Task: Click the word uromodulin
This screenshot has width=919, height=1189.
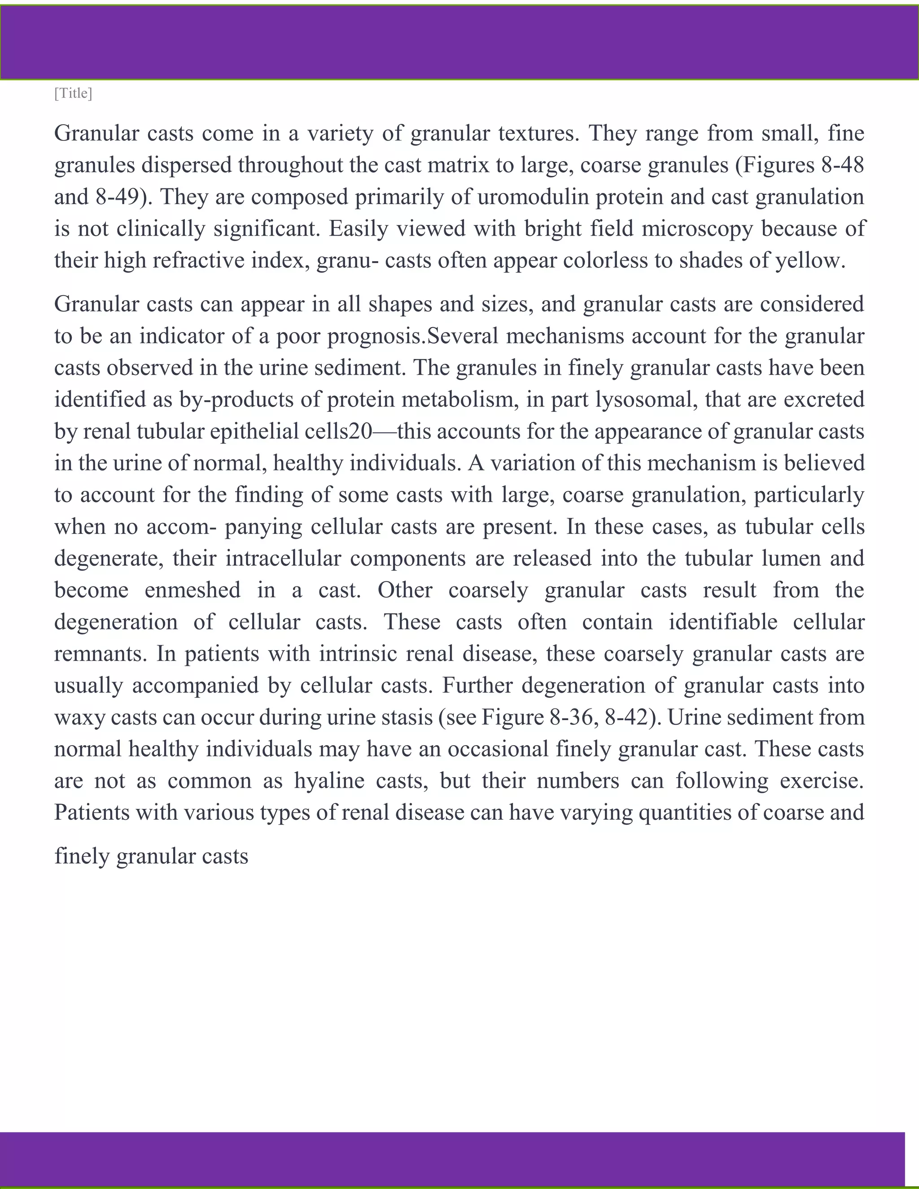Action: (x=533, y=197)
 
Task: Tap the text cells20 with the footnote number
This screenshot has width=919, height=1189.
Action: (x=338, y=432)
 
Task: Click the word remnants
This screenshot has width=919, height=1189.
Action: (x=100, y=654)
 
